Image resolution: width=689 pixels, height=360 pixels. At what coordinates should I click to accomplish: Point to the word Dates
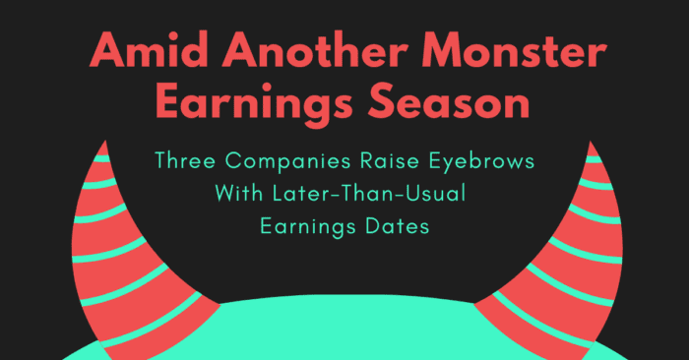[397, 225]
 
